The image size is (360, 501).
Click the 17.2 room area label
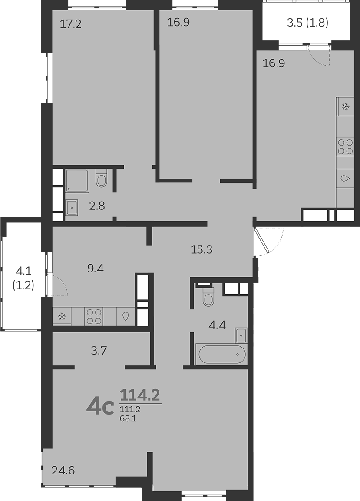pyautogui.click(x=71, y=24)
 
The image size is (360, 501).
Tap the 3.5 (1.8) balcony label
pyautogui.click(x=307, y=23)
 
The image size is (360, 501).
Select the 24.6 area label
pyautogui.click(x=63, y=470)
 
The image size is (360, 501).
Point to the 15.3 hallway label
pyautogui.click(x=201, y=249)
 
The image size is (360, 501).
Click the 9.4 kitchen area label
pyautogui.click(x=96, y=269)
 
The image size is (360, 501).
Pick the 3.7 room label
pyautogui.click(x=99, y=351)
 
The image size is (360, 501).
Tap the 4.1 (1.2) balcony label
pyautogui.click(x=23, y=278)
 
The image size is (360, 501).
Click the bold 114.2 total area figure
pyautogui.click(x=139, y=396)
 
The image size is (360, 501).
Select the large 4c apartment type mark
pyautogui.click(x=100, y=407)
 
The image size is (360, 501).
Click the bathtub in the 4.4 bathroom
pyautogui.click(x=222, y=354)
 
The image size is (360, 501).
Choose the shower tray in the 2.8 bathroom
pyautogui.click(x=77, y=181)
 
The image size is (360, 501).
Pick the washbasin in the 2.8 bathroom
pyautogui.click(x=72, y=208)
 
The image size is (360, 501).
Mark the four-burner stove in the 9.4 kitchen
pyautogui.click(x=94, y=316)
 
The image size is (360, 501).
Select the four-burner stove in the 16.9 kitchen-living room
pyautogui.click(x=345, y=147)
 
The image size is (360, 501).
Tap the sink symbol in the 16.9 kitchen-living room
pyautogui.click(x=345, y=179)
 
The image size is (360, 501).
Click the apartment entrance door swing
pyautogui.click(x=268, y=242)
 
